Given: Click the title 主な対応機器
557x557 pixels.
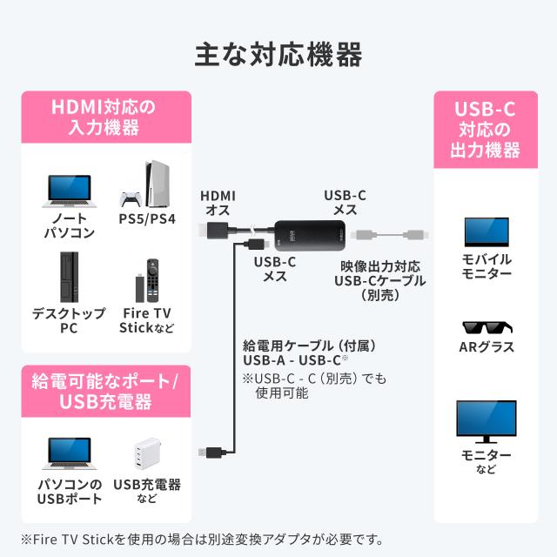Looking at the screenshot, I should tap(278, 55).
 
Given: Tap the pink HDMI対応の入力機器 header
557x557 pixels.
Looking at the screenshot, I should tap(104, 117).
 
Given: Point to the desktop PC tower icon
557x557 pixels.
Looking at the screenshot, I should tap(69, 275).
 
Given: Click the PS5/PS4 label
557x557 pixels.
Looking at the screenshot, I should tap(146, 218).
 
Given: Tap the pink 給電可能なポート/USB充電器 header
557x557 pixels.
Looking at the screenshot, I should tap(104, 391).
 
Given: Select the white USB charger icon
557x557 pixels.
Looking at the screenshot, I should tap(146, 453).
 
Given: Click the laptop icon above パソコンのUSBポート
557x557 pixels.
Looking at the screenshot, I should tap(69, 453).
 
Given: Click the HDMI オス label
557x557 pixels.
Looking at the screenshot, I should tap(218, 203).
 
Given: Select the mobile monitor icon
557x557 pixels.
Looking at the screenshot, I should tap(487, 232).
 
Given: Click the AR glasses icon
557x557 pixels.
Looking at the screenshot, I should tap(487, 328).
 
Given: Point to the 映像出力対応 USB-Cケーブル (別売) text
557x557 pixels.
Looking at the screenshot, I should tap(379, 279).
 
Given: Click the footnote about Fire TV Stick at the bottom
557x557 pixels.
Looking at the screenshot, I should tap(201, 540).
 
